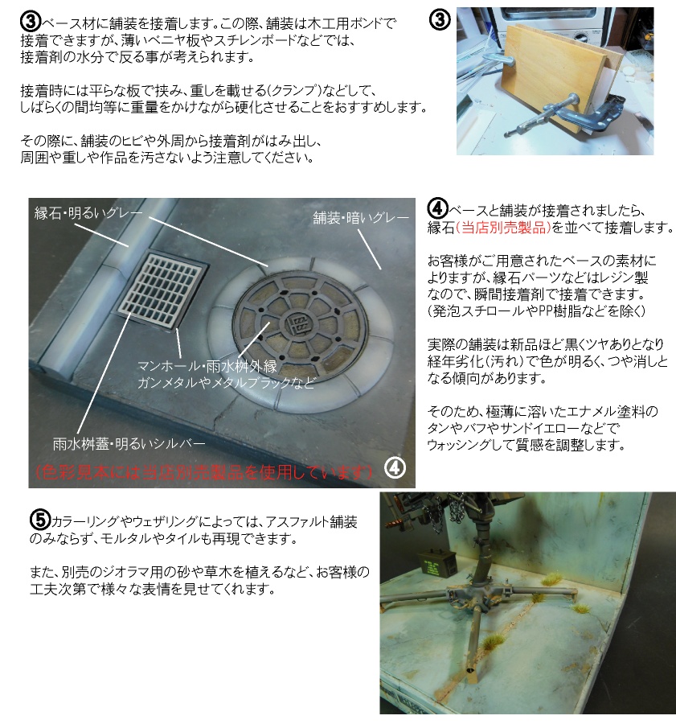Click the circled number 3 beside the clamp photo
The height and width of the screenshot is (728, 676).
click(x=440, y=22)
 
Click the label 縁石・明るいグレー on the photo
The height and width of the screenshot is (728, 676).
click(x=88, y=213)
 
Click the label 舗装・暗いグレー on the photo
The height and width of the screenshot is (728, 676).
click(x=354, y=216)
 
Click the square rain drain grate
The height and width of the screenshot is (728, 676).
click(x=162, y=290)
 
